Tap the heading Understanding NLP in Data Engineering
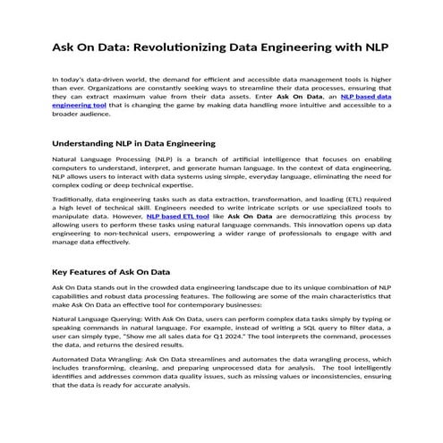coord(133,143)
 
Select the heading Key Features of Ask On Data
coord(111,271)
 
